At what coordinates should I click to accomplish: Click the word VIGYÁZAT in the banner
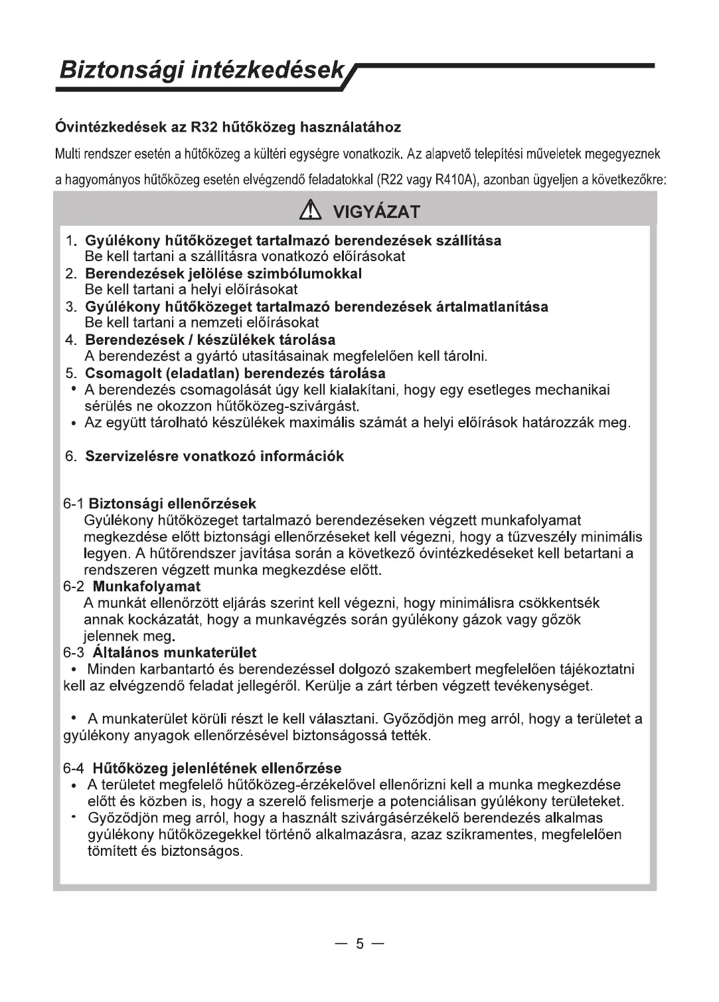(376, 213)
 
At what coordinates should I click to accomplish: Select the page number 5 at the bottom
(359, 944)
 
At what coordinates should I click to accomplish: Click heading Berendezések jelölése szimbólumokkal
(224, 274)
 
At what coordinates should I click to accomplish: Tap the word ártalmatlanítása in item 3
(492, 307)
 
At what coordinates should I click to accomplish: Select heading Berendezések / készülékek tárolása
(210, 340)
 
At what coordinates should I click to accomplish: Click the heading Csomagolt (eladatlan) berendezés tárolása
(236, 373)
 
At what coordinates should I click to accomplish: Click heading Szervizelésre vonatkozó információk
(215, 456)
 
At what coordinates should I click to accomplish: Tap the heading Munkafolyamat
(147, 587)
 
